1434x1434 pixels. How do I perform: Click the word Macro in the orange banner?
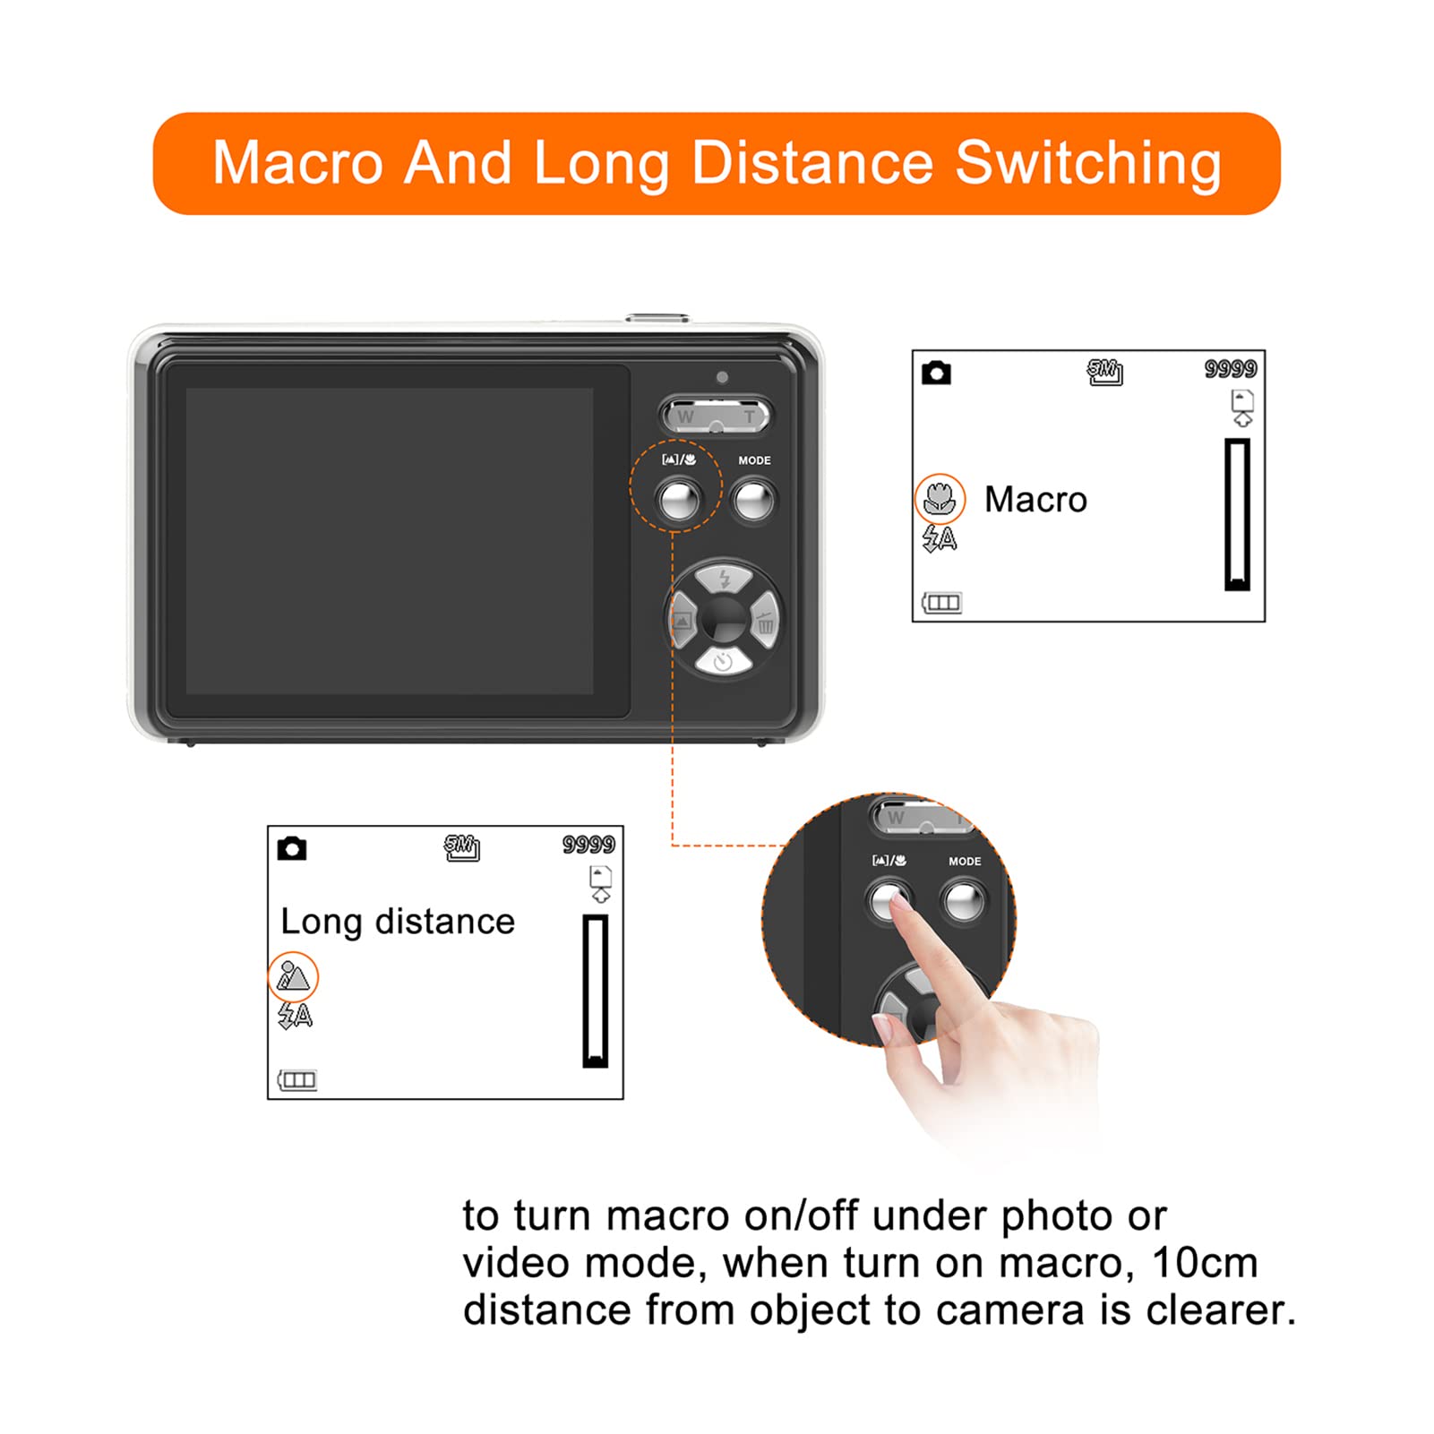click(x=298, y=163)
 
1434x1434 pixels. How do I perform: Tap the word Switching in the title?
click(x=1088, y=165)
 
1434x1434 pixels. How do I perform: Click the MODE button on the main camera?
click(x=753, y=500)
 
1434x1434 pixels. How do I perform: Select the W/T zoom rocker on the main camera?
click(x=716, y=416)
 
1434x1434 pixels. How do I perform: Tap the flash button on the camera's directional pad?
click(x=724, y=579)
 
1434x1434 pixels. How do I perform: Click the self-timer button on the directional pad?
click(x=723, y=661)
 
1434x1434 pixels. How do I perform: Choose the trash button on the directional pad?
click(x=764, y=620)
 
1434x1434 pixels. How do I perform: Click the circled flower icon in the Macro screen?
click(x=940, y=498)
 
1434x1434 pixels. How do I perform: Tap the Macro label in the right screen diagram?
click(x=1035, y=500)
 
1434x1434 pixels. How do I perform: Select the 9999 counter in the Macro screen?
click(x=1230, y=369)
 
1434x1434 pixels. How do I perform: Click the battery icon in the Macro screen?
click(x=941, y=602)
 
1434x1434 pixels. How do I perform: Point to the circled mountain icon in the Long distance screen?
click(x=293, y=976)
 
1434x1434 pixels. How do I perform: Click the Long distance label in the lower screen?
click(x=398, y=922)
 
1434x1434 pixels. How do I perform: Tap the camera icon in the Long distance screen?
click(x=292, y=848)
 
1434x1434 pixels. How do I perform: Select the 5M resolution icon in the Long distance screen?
click(x=462, y=847)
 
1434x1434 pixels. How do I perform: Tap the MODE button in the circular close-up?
click(x=964, y=901)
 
